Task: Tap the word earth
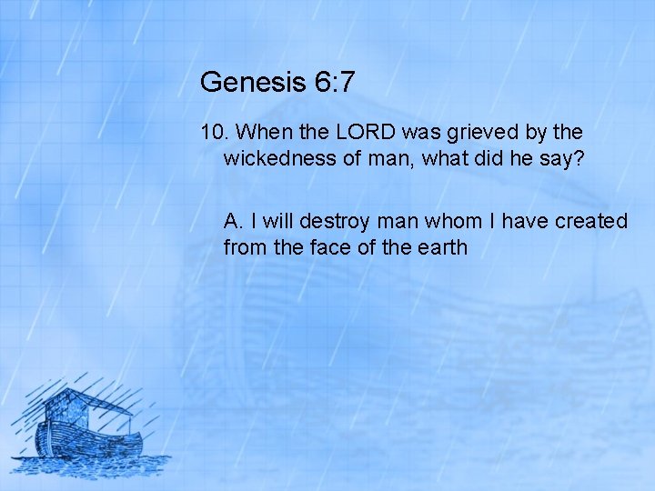click(x=440, y=246)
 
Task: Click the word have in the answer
click(x=517, y=221)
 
